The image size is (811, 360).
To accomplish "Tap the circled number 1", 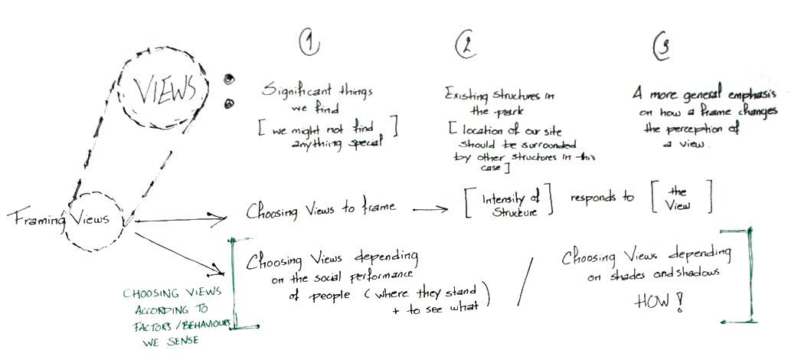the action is (309, 44).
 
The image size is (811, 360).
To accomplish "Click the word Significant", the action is (293, 91).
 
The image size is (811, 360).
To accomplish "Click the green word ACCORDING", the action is (161, 309).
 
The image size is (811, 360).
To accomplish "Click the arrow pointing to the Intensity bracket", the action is (430, 208).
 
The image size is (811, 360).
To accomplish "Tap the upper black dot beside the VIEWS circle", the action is (228, 79).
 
